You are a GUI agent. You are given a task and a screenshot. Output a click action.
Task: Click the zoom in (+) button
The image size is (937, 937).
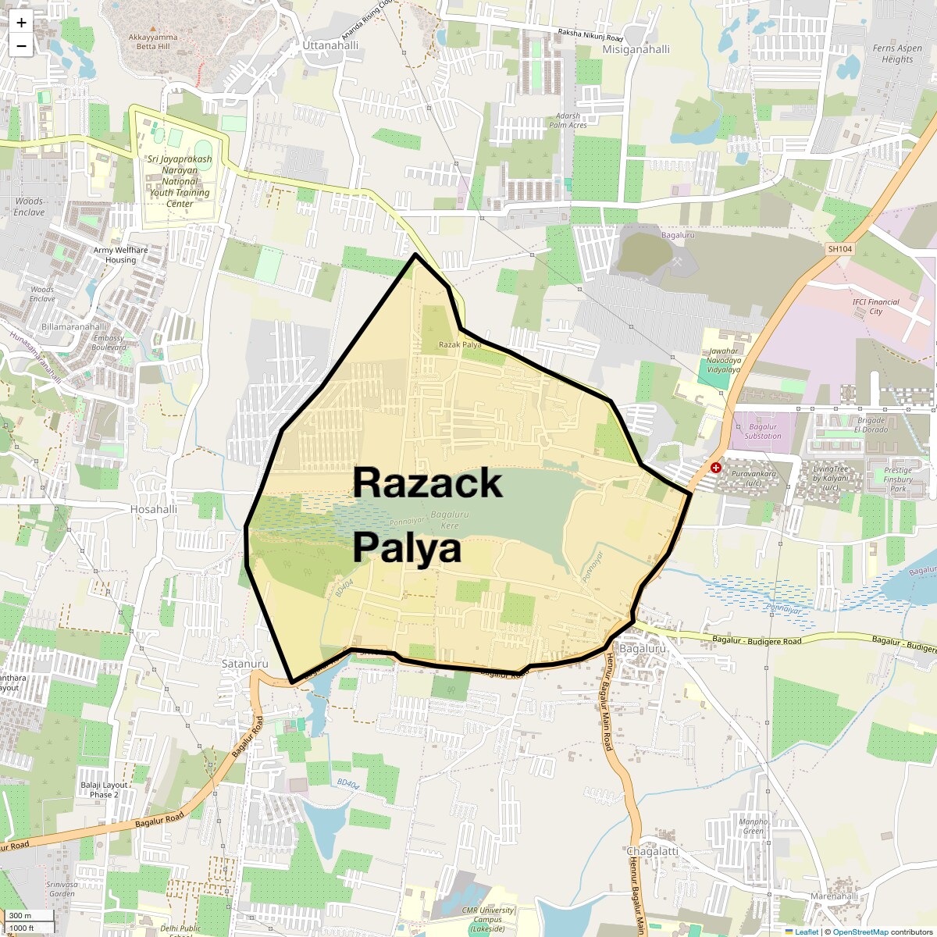pyautogui.click(x=21, y=23)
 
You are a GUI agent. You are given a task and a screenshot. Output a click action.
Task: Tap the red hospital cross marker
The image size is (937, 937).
pyautogui.click(x=716, y=467)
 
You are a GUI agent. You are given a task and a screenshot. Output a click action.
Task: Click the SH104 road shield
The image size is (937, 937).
pyautogui.click(x=839, y=249)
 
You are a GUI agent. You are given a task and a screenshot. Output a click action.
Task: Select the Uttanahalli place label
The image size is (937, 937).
pyautogui.click(x=331, y=45)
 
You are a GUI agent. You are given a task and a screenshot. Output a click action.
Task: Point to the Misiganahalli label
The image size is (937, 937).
pyautogui.click(x=636, y=49)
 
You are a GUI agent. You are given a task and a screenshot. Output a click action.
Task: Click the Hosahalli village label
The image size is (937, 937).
pyautogui.click(x=154, y=509)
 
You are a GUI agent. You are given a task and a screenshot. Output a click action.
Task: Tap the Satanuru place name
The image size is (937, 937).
pyautogui.click(x=244, y=664)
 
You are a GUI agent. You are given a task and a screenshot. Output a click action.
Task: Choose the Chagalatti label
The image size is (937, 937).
pyautogui.click(x=652, y=851)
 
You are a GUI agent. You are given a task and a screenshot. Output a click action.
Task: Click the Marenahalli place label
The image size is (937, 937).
pyautogui.click(x=834, y=896)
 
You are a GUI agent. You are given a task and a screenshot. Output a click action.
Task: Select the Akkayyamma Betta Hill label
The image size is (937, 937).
pyautogui.click(x=153, y=41)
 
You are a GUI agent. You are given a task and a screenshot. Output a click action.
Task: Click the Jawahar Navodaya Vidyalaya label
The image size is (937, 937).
pyautogui.click(x=724, y=361)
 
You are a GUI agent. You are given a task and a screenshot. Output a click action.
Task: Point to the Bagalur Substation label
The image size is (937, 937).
pyautogui.click(x=763, y=431)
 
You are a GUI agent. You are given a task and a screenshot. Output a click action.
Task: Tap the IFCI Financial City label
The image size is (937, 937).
pyautogui.click(x=875, y=306)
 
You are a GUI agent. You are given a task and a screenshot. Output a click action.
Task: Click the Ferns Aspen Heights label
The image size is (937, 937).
pyautogui.click(x=897, y=53)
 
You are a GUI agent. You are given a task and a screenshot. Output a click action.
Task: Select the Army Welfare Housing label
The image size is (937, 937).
pyautogui.click(x=121, y=255)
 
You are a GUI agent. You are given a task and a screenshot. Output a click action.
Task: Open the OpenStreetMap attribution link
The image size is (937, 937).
pyautogui.click(x=860, y=932)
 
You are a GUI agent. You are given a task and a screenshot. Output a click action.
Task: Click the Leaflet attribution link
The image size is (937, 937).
pyautogui.click(x=807, y=932)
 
